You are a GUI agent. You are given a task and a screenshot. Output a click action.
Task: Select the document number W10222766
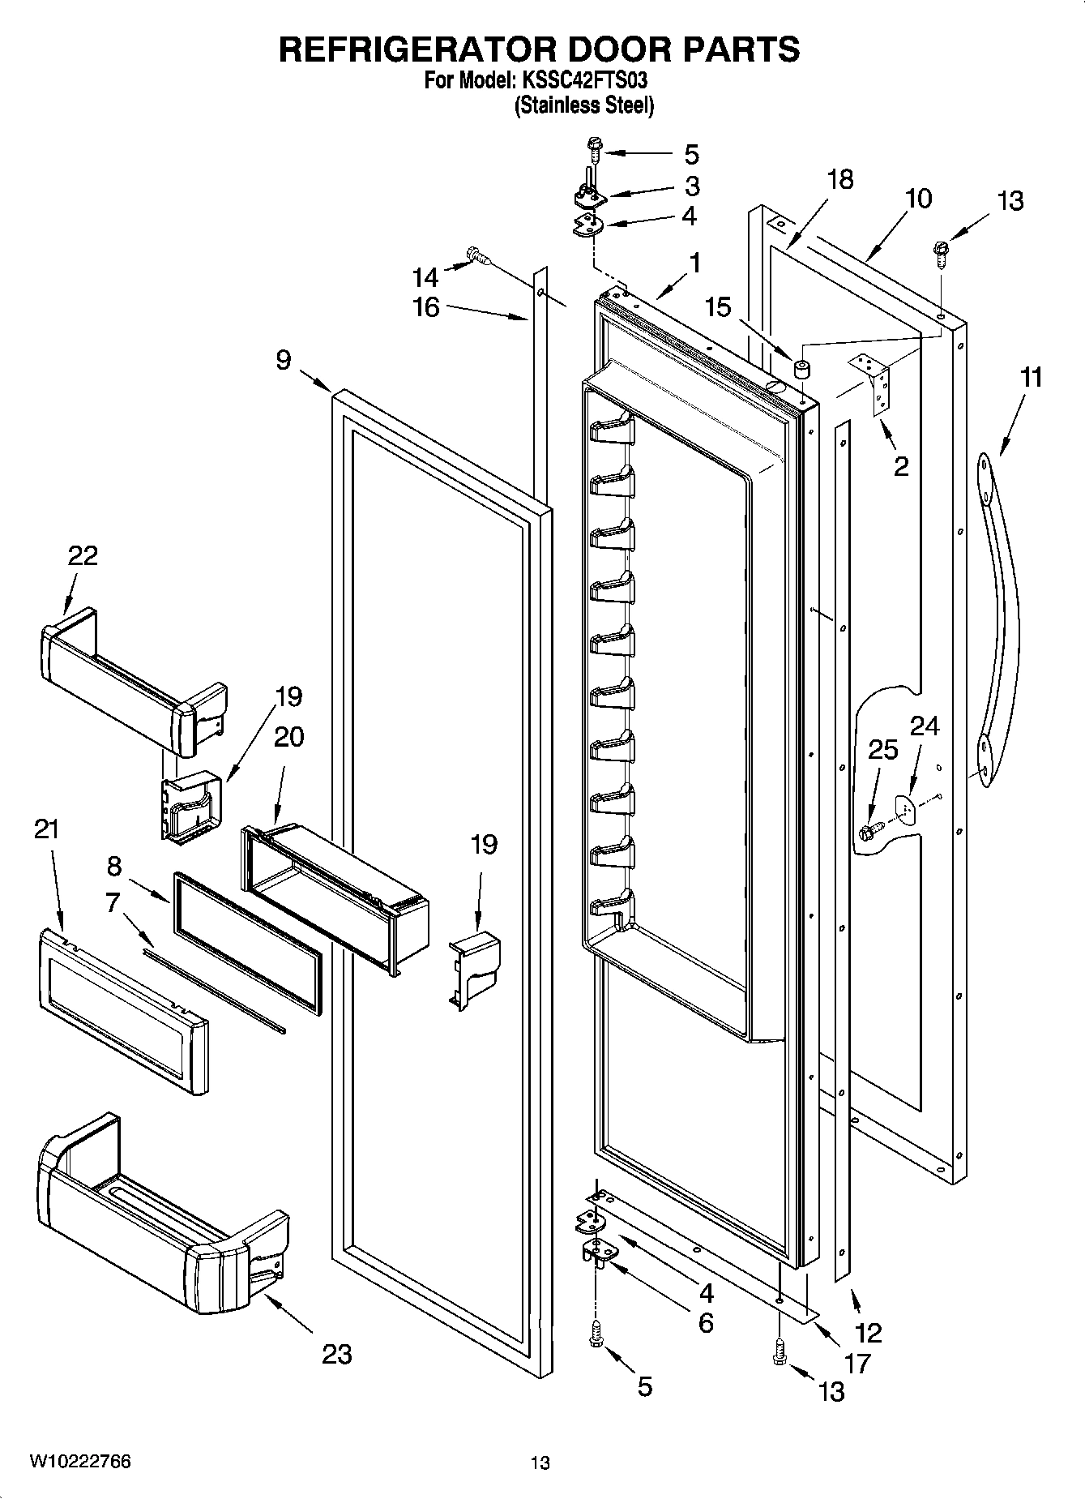pos(80,1461)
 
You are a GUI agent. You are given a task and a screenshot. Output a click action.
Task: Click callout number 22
pos(82,556)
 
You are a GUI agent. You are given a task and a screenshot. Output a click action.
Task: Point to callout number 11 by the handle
pos(1030,378)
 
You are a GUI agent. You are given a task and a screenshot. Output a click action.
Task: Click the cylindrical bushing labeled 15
pos(802,371)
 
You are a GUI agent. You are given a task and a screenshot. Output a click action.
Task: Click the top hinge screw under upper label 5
pos(593,149)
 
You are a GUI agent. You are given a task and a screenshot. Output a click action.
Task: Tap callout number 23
pos(337,1353)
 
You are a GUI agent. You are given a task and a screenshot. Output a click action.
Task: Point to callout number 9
pos(283,360)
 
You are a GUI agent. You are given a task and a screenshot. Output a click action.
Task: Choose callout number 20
pos(288,736)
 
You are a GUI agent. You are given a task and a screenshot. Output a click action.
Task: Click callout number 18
pos(840,179)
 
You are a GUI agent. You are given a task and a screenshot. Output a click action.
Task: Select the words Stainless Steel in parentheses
pos(583,105)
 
